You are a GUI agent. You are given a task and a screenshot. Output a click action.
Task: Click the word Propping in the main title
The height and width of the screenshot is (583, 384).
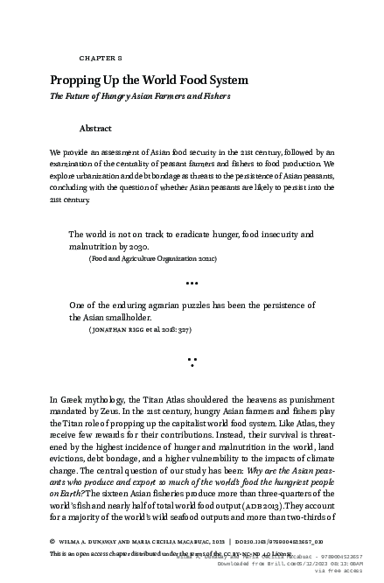[74, 80]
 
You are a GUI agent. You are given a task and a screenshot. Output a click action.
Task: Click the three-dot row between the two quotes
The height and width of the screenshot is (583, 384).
[192, 283]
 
